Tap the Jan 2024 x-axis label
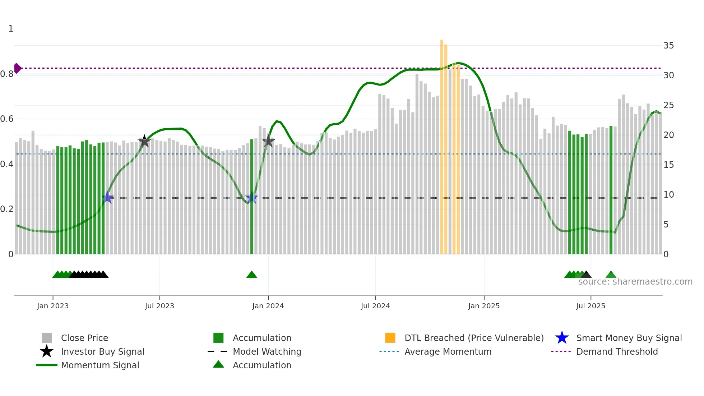[x=268, y=306]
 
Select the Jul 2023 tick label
[x=159, y=306]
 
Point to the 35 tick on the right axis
[x=668, y=46]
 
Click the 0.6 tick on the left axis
[x=7, y=119]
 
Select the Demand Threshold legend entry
[x=617, y=352]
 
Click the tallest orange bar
[x=442, y=144]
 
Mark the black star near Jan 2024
[x=268, y=141]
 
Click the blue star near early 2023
[x=107, y=197]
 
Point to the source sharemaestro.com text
[x=635, y=282]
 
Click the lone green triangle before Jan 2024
[x=252, y=275]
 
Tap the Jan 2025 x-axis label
[x=484, y=306]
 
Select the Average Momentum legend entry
[x=448, y=352]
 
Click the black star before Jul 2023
[x=144, y=141]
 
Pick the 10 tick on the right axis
[x=668, y=195]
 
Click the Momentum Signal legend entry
[x=100, y=365]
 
